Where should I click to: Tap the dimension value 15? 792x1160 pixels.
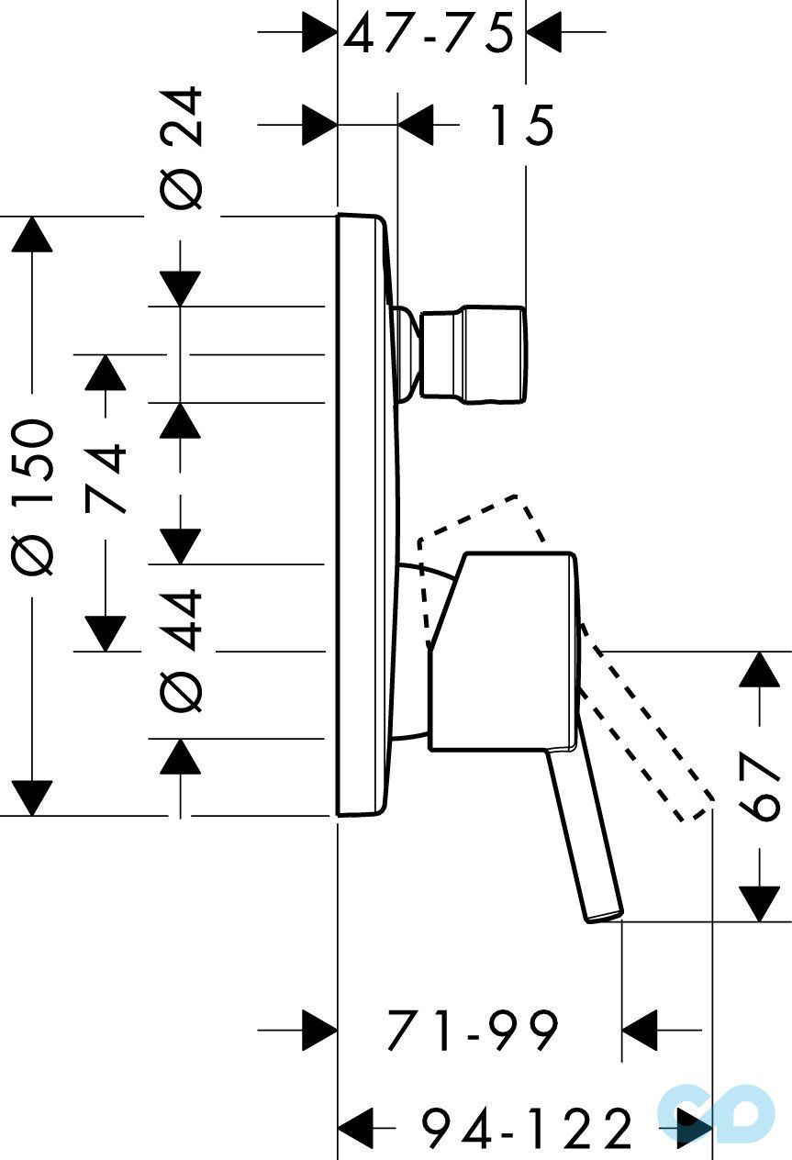tap(520, 125)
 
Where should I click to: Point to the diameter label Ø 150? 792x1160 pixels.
tap(35, 496)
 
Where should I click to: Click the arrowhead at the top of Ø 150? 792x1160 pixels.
tap(33, 235)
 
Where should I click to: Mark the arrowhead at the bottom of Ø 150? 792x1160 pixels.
tap(33, 797)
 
